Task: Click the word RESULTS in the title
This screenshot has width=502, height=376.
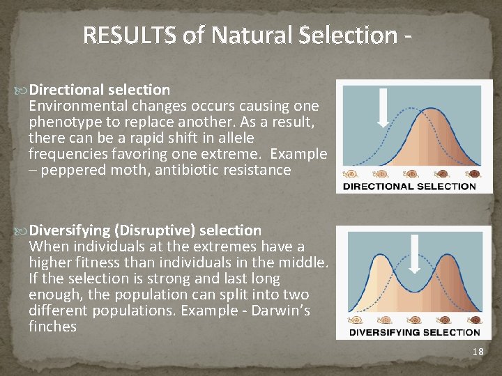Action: coord(130,35)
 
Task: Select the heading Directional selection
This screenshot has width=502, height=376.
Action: coord(100,90)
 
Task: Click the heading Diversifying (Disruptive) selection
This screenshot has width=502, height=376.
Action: coord(146,230)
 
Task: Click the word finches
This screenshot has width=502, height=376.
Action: coord(52,327)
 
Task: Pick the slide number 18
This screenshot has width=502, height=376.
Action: coord(478,352)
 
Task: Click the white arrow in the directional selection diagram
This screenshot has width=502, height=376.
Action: coord(383,107)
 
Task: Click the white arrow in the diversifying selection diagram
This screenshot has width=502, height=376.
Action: coord(414,254)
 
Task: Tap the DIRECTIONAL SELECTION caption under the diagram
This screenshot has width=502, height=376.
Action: coord(409,186)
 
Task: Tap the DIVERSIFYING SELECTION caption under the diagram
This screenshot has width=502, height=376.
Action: coord(414,332)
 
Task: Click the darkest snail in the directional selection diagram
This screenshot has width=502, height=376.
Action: coord(474,173)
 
